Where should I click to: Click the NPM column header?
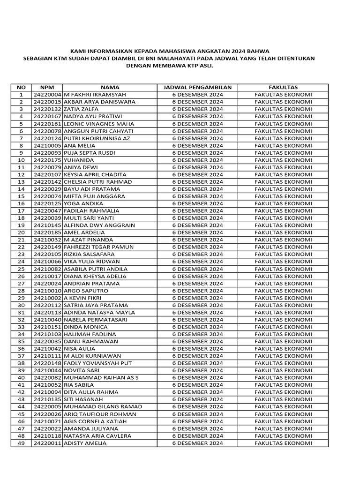tap(47, 87)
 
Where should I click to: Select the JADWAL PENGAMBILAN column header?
tap(197, 87)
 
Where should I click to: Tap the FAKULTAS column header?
tap(283, 87)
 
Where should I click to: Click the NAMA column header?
tap(110, 87)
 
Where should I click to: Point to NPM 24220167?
tap(47, 116)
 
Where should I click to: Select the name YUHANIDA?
tap(78, 160)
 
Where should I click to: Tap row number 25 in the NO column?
tap(21, 269)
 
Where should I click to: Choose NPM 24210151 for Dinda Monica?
tap(47, 327)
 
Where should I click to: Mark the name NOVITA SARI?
tap(82, 371)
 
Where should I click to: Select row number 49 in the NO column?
tap(21, 443)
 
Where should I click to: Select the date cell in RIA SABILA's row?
tap(197, 385)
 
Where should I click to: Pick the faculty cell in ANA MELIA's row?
tap(283, 145)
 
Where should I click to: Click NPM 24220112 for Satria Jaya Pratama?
tap(47, 305)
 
